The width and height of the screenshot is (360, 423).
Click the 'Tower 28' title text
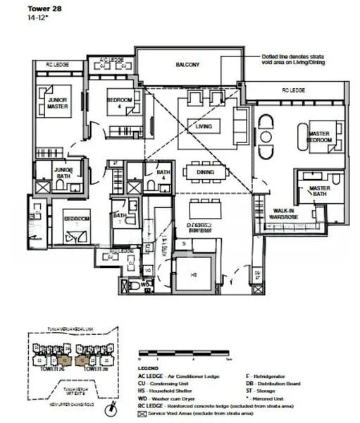22,8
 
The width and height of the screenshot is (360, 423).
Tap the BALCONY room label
188,65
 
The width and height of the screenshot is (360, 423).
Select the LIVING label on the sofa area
204,126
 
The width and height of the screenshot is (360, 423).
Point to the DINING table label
205,171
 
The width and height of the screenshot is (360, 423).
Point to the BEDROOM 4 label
120,104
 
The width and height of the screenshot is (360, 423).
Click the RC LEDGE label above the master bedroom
292,90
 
